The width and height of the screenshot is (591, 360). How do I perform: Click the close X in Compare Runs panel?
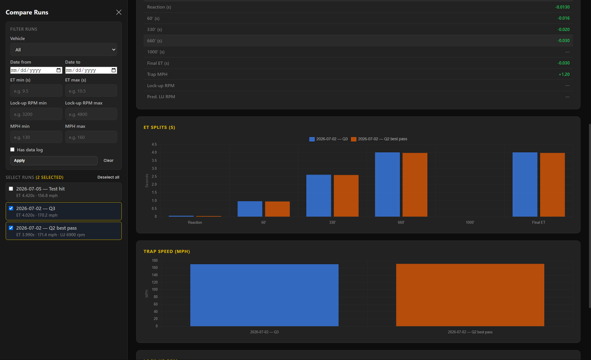click(119, 12)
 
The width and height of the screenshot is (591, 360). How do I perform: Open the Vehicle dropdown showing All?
click(63, 50)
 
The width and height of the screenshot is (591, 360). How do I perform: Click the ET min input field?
click(36, 91)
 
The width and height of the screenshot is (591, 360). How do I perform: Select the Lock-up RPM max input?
click(91, 114)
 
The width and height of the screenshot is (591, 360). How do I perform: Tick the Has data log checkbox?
click(12, 149)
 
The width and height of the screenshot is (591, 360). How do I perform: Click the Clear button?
click(108, 160)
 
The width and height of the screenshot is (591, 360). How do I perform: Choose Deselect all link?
click(108, 177)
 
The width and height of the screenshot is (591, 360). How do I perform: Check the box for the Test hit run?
click(11, 189)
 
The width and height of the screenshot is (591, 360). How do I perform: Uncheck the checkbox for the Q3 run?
click(11, 208)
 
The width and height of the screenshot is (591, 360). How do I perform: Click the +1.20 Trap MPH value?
click(564, 74)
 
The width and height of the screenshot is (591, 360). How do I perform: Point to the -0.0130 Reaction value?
click(562, 7)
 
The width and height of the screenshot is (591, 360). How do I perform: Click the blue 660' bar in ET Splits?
click(387, 184)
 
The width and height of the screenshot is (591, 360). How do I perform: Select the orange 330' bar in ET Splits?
click(346, 196)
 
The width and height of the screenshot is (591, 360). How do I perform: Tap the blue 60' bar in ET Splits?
click(250, 209)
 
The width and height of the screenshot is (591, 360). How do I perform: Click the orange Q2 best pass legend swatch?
click(354, 139)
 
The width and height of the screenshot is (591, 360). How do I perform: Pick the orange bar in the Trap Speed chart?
click(470, 295)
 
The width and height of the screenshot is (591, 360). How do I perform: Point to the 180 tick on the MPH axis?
click(155, 260)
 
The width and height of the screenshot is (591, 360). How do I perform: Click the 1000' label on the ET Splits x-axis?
click(470, 222)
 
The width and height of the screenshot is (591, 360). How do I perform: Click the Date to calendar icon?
click(114, 70)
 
